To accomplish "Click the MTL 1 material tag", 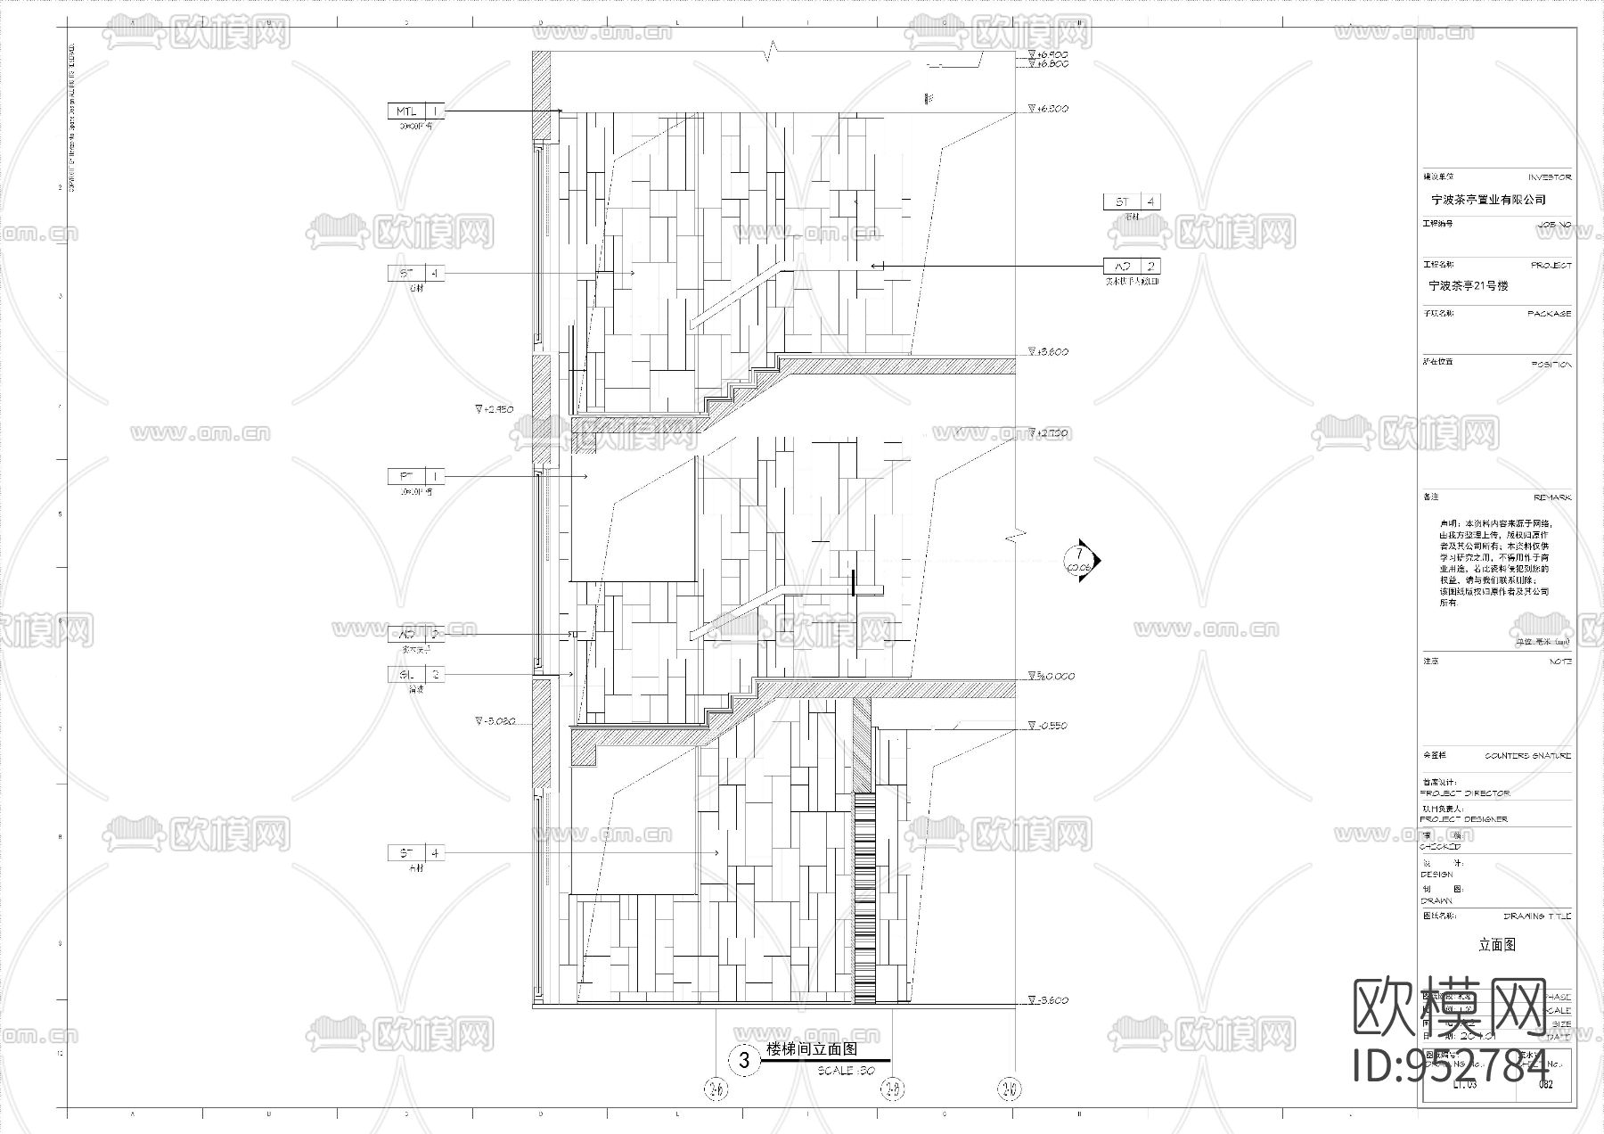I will [x=415, y=111].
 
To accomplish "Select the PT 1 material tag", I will [x=416, y=477].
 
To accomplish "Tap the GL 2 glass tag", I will [x=416, y=675].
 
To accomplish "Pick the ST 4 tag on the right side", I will [x=1132, y=202].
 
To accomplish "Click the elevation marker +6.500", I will [x=1049, y=109].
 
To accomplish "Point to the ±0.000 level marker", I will [x=1052, y=676].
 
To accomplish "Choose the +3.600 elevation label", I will [x=1049, y=352].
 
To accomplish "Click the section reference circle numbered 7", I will [x=1080, y=561].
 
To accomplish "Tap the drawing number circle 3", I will [x=743, y=1061].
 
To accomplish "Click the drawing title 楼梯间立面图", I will [x=811, y=1049].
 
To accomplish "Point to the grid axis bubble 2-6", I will [x=716, y=1089].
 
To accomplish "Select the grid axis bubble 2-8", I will [x=893, y=1089].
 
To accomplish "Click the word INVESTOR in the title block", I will [x=1550, y=177].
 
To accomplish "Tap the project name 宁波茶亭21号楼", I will [x=1469, y=286].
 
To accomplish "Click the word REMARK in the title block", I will [x=1552, y=497].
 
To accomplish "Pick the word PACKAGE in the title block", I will [x=1550, y=314].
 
